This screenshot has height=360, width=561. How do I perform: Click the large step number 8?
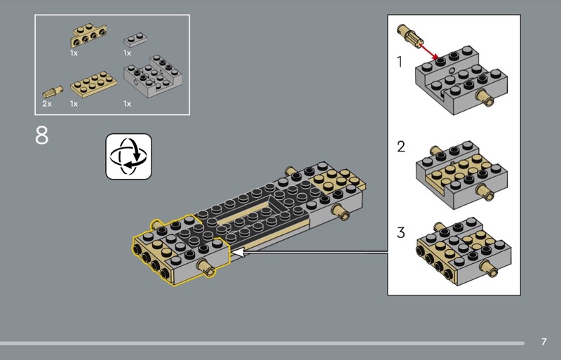click(x=41, y=135)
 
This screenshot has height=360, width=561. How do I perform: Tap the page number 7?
click(x=544, y=342)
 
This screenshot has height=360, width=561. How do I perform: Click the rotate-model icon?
click(x=129, y=156)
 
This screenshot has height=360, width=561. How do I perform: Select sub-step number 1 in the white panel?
click(x=400, y=62)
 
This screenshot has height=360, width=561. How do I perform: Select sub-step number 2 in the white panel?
click(x=400, y=147)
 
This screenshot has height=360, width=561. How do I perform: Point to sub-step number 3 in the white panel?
click(x=400, y=232)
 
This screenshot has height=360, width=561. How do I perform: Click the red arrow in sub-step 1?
click(x=428, y=51)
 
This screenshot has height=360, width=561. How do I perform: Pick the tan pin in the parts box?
click(x=53, y=92)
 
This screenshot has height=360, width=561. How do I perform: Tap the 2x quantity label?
click(x=47, y=104)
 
